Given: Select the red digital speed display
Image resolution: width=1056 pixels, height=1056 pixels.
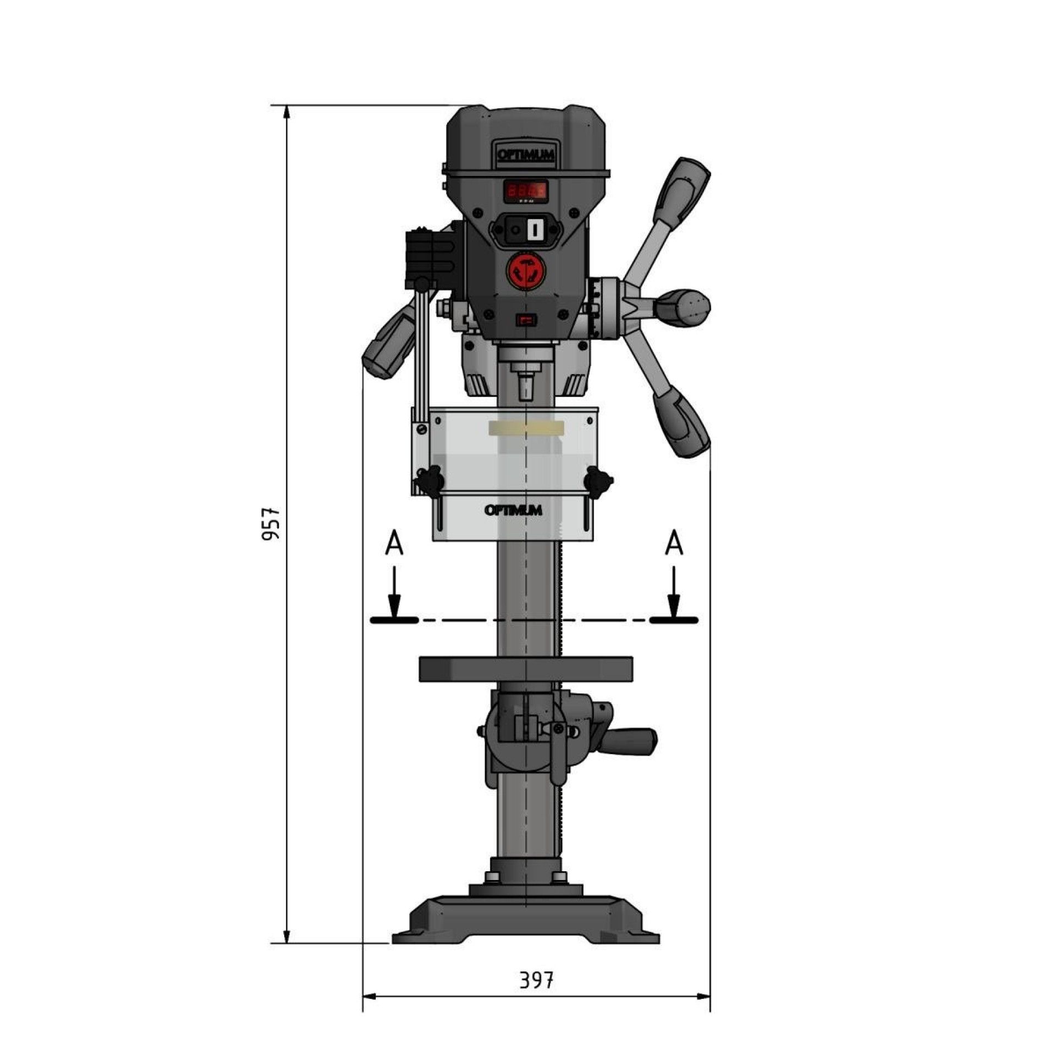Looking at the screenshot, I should pos(526,191).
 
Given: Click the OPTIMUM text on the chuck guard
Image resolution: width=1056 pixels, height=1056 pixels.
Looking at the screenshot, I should pos(513,510).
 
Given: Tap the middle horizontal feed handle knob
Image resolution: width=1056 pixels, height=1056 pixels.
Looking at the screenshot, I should pos(684,306).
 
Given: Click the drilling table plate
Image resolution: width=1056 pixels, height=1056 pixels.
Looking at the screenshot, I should pos(525,668).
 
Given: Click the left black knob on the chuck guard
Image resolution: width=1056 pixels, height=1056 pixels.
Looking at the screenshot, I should pos(428,480).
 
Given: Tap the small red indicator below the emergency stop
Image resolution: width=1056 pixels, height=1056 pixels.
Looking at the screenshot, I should pos(526,320).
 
